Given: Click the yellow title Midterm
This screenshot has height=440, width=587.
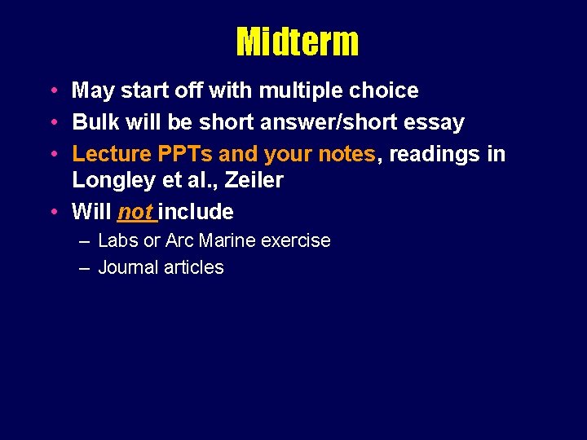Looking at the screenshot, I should (297, 42).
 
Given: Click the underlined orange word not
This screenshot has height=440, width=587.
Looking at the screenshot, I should (135, 213).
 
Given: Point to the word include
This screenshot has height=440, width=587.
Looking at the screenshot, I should (196, 213).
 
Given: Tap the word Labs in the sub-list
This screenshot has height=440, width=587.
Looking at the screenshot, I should (116, 241).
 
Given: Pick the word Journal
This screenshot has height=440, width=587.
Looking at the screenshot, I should (126, 268).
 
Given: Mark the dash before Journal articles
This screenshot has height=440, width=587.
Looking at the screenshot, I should (85, 268).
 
